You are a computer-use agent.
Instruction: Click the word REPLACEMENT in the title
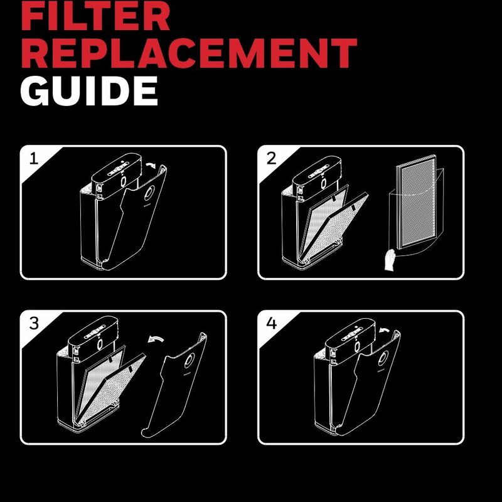189,53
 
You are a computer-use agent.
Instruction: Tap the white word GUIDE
89,91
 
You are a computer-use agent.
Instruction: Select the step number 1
34,159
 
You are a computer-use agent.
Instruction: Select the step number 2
271,159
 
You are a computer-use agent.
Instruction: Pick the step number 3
34,323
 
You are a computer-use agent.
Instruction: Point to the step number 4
272,323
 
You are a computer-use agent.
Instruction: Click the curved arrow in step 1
151,165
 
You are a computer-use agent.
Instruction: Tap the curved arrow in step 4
384,330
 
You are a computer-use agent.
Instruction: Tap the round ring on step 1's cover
149,193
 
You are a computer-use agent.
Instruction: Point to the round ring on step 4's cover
383,358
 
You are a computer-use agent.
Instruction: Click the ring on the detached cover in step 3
190,360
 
